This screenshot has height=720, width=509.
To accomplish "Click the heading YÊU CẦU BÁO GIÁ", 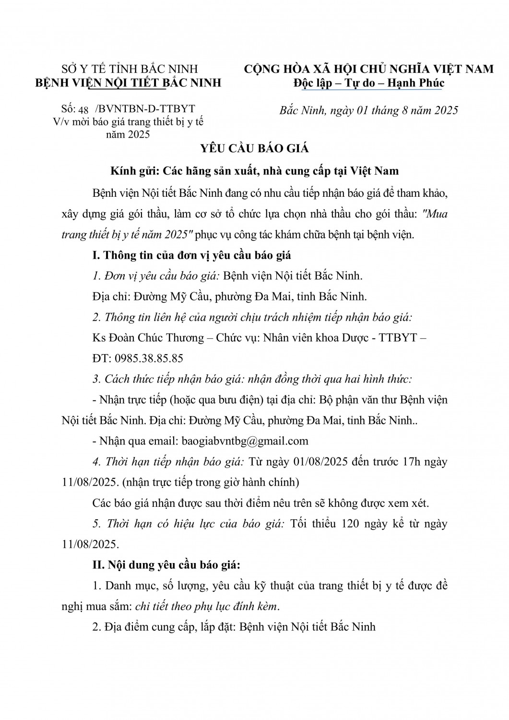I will click(254, 148).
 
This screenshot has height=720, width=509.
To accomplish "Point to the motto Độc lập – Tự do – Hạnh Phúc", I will click(369, 83).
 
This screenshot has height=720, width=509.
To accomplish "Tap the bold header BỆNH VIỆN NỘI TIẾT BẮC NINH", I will click(129, 83).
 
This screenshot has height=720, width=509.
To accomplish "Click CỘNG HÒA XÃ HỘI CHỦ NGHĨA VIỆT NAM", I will click(368, 69).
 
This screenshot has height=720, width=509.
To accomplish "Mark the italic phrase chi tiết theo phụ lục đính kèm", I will click(206, 606).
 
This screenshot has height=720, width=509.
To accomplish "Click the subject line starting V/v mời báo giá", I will click(128, 122).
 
